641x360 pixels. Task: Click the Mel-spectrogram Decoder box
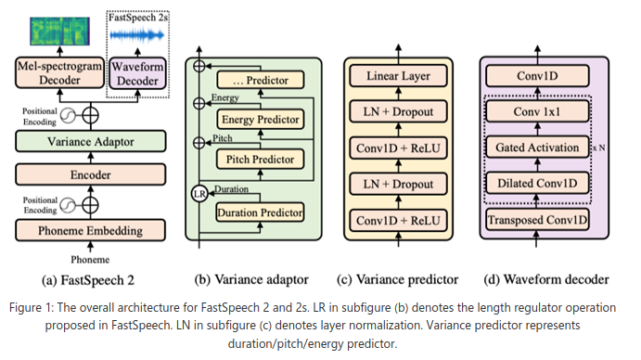59,72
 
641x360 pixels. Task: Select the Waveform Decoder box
138,73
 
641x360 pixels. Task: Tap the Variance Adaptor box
91,142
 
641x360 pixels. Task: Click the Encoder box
91,174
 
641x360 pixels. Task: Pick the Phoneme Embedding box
91,230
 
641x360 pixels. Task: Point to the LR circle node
199,194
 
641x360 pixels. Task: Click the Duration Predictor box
260,212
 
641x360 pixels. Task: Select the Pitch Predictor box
260,160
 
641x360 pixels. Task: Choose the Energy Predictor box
260,120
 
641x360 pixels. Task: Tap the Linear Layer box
398,76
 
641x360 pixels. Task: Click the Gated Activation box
537,148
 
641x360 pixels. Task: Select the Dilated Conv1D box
537,183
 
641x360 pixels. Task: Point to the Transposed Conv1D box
537,220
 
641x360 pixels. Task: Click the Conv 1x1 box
537,111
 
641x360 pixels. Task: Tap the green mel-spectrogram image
59,32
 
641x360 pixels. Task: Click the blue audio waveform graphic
137,36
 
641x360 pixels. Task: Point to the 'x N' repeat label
599,148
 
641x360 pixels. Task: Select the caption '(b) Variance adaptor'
251,280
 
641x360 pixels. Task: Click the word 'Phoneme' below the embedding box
90,260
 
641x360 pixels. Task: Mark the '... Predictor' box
260,80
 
